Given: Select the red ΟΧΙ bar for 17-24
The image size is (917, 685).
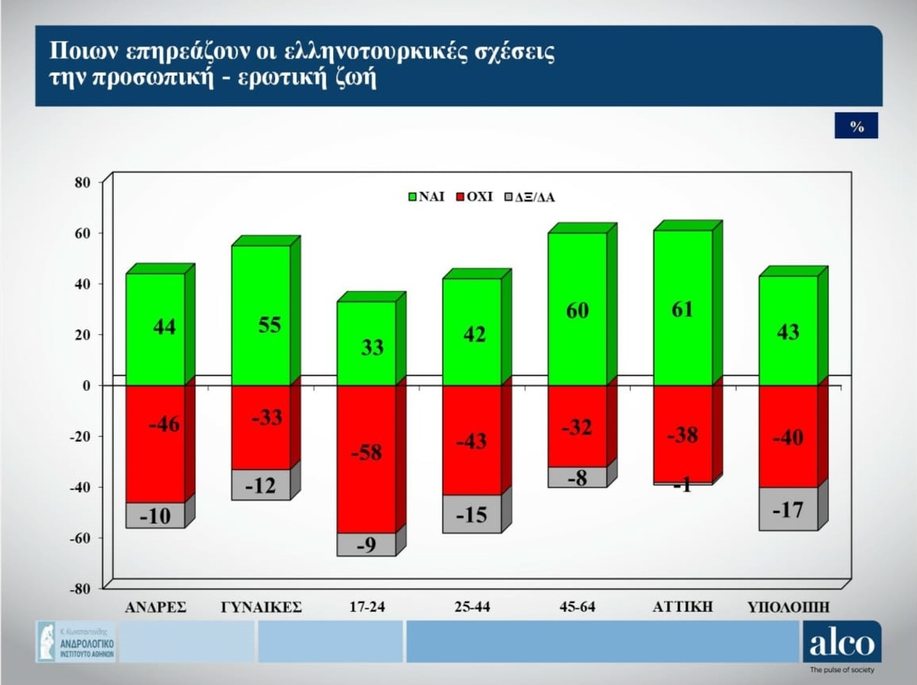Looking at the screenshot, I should click(366, 459).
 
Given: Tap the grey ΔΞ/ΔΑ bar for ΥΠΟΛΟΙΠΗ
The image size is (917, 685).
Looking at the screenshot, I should click(788, 508).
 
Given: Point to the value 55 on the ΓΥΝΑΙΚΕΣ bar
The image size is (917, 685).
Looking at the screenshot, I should click(270, 325).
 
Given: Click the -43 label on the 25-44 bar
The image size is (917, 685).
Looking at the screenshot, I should click(472, 441).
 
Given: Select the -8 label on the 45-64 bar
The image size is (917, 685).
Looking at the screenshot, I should click(578, 478).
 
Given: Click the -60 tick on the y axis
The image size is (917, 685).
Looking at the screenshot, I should click(81, 538).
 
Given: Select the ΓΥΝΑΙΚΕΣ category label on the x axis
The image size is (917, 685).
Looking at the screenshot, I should click(261, 608).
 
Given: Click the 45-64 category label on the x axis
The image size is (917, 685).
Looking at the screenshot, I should click(578, 608).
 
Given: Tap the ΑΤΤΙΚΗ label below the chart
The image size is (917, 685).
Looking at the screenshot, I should click(683, 607).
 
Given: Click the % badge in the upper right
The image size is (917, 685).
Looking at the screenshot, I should click(857, 127).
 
